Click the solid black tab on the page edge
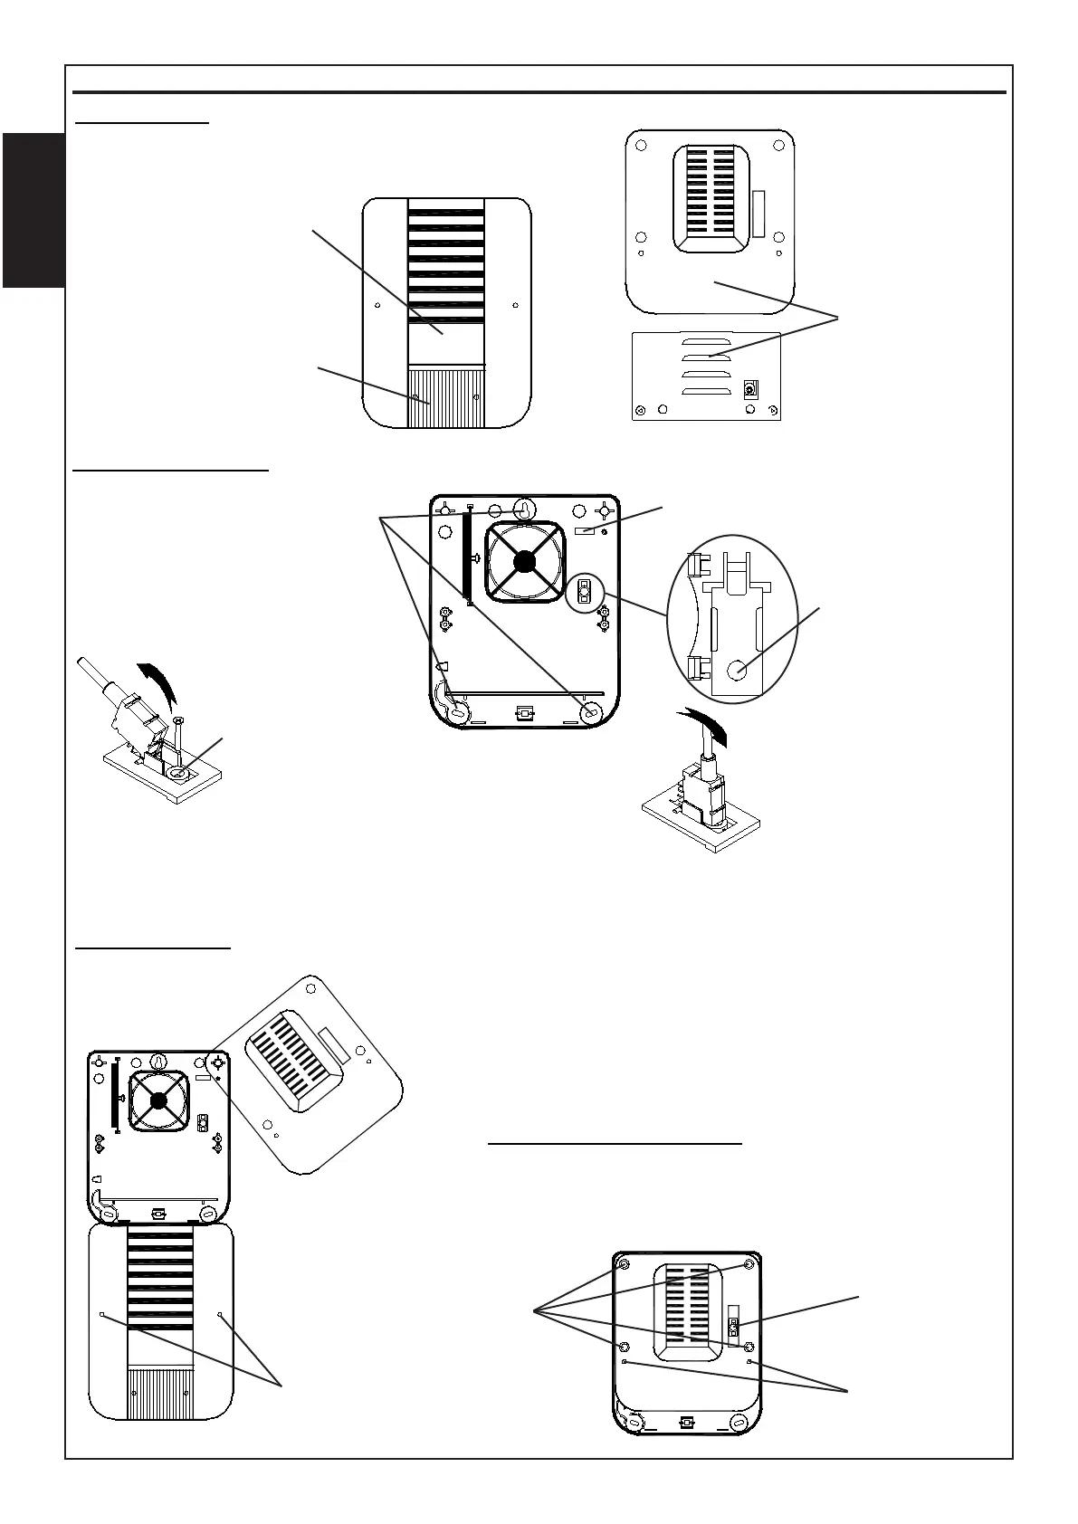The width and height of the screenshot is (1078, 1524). tap(33, 210)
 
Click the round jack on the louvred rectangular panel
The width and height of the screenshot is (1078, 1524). tap(749, 389)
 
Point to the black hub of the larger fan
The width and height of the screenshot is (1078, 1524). tap(522, 562)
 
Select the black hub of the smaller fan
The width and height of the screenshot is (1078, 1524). tap(159, 1100)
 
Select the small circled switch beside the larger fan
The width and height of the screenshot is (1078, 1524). tap(584, 593)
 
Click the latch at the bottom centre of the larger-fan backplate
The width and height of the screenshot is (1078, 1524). tap(522, 712)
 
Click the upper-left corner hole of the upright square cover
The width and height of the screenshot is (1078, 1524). tap(641, 146)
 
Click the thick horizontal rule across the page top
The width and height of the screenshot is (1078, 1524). tap(539, 92)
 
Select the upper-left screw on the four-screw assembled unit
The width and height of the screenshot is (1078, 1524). tap(624, 1263)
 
